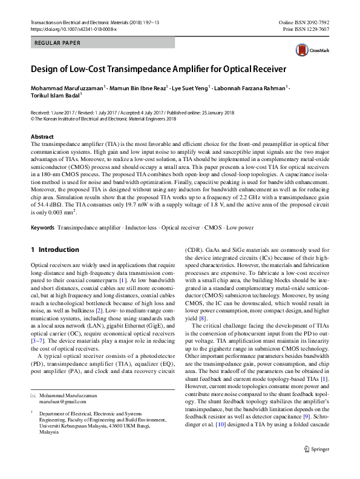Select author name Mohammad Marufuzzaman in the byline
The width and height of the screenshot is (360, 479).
point(67,88)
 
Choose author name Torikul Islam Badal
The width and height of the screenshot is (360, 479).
point(54,96)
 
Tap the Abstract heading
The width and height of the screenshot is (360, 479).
point(42,137)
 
